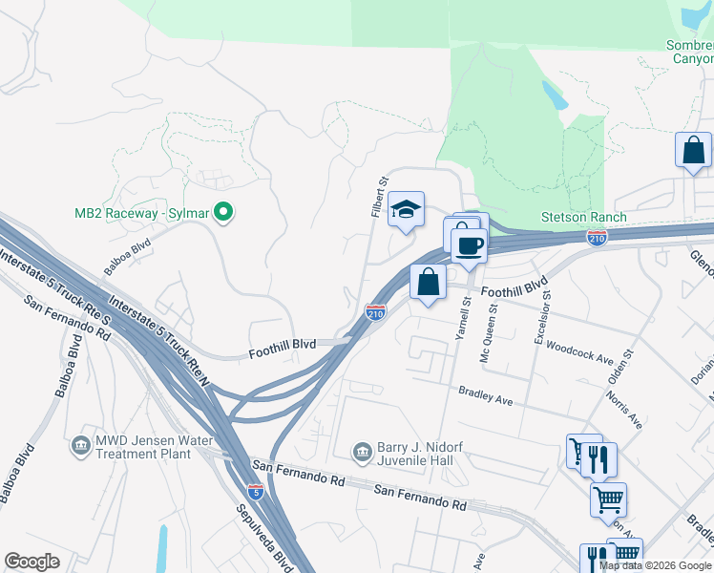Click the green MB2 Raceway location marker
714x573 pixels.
(223, 211)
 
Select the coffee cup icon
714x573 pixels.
(469, 245)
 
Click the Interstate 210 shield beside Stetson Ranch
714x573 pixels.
(598, 237)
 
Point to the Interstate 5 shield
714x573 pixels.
(256, 491)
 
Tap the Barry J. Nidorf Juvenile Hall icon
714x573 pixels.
(362, 451)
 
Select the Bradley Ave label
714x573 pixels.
(486, 395)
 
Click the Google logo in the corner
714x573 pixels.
(31, 562)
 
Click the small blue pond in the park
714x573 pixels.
(553, 95)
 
